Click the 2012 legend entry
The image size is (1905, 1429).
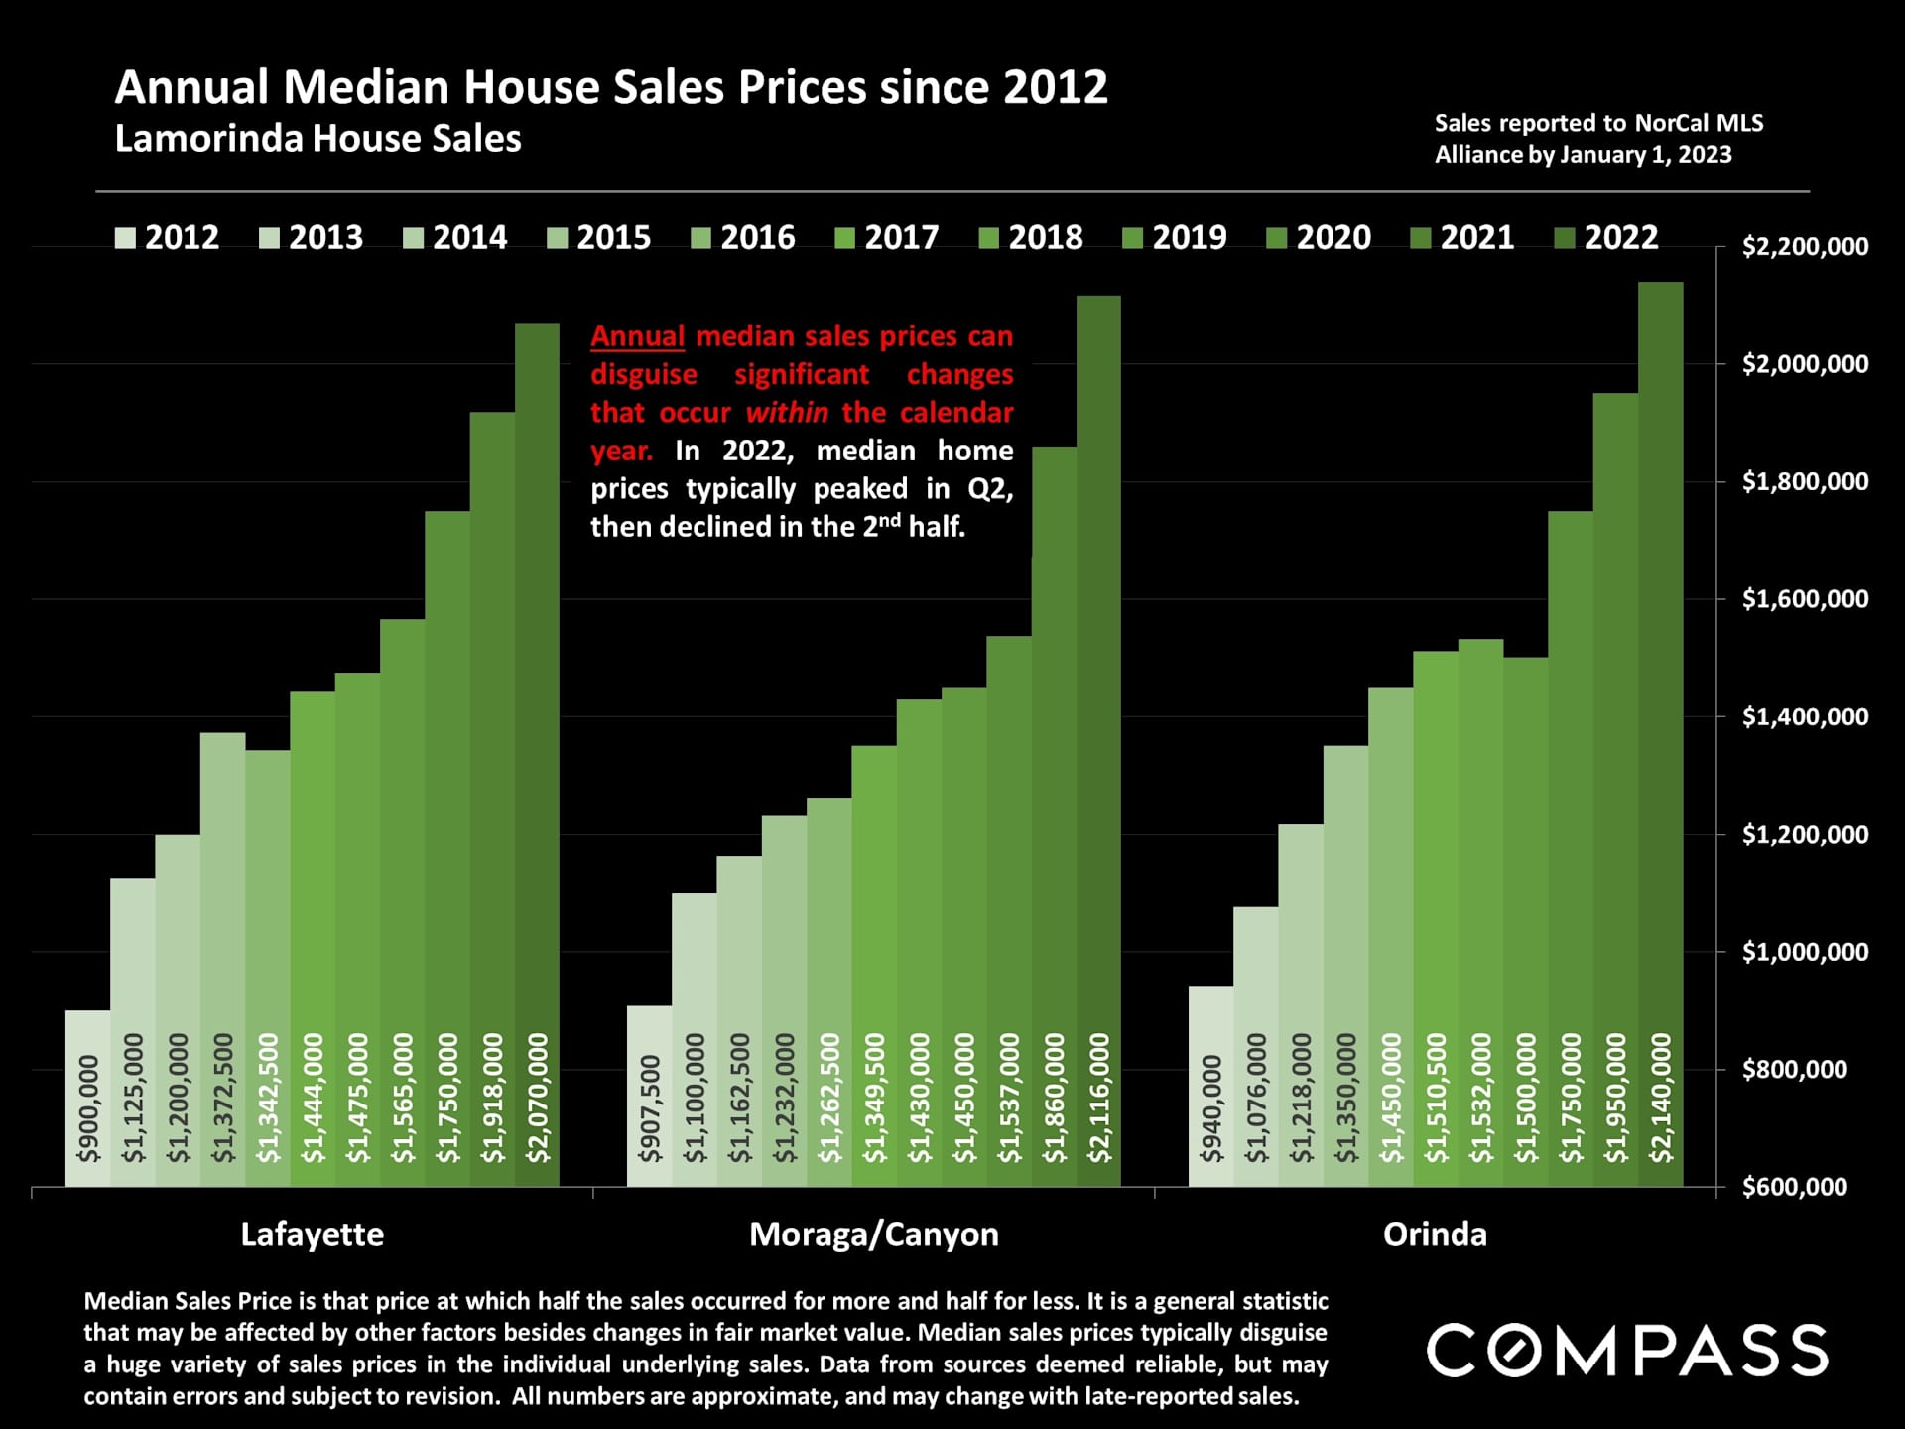(168, 238)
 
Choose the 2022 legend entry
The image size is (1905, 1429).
(1606, 238)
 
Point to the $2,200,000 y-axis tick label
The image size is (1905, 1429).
(1805, 247)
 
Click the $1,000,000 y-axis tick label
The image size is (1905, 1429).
(1805, 953)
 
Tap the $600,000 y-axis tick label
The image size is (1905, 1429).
(1795, 1187)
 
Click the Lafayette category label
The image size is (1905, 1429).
(312, 1234)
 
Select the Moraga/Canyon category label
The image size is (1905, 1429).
(873, 1234)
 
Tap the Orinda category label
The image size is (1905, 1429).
(1435, 1234)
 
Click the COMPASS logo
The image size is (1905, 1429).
(1627, 1351)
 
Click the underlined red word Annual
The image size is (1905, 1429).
(637, 336)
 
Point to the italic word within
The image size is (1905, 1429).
(786, 413)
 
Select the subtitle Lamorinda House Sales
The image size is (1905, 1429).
(317, 139)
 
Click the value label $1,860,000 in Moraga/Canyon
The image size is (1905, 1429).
(1054, 1098)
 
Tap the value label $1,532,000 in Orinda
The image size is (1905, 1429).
(1480, 1098)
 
